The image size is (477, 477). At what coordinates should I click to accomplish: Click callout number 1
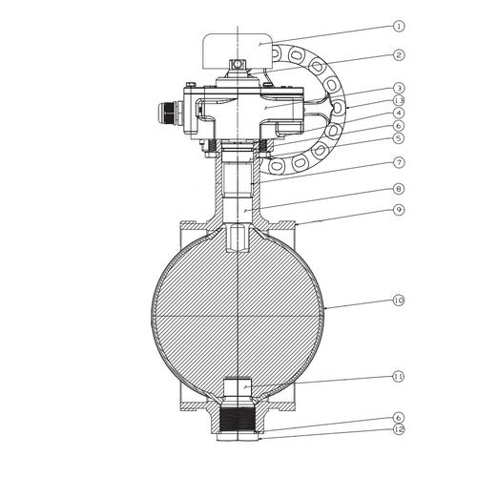coord(399,26)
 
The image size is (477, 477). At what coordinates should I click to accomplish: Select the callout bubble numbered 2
coord(399,55)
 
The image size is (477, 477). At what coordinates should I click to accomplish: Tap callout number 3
coord(399,88)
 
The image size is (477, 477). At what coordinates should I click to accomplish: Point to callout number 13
coord(399,100)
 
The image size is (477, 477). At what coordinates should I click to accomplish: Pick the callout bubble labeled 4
coord(399,113)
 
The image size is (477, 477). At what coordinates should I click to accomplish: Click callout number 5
coord(399,138)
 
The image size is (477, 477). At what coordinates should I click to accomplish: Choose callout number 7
coord(399,162)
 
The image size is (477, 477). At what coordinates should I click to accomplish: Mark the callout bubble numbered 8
coord(399,189)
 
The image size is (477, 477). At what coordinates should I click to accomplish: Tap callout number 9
coord(399,210)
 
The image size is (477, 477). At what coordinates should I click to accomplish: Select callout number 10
coord(399,301)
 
